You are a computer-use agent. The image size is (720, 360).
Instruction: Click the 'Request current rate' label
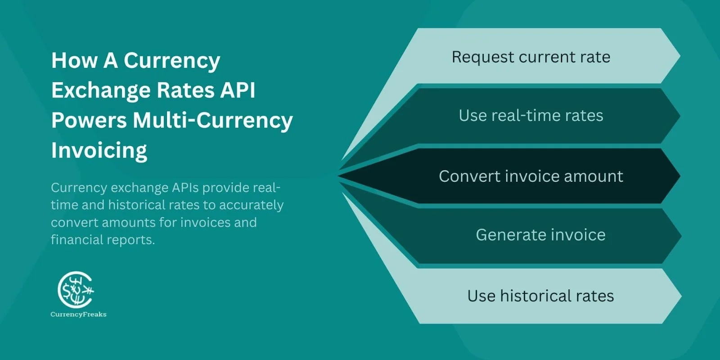(531, 57)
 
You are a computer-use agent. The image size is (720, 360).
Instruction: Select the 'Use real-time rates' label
(531, 116)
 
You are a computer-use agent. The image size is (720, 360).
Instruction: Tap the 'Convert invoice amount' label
(531, 176)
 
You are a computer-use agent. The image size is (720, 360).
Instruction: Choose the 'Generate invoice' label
(540, 235)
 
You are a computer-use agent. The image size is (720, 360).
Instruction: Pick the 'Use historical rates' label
(540, 296)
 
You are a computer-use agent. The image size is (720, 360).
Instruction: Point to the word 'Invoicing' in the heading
(99, 150)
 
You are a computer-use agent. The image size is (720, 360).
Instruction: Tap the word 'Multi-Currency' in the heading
(213, 120)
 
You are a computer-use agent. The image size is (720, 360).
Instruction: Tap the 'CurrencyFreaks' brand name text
(78, 315)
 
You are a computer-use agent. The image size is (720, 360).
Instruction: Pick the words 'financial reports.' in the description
(103, 240)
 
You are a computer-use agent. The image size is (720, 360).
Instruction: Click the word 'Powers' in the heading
(89, 120)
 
